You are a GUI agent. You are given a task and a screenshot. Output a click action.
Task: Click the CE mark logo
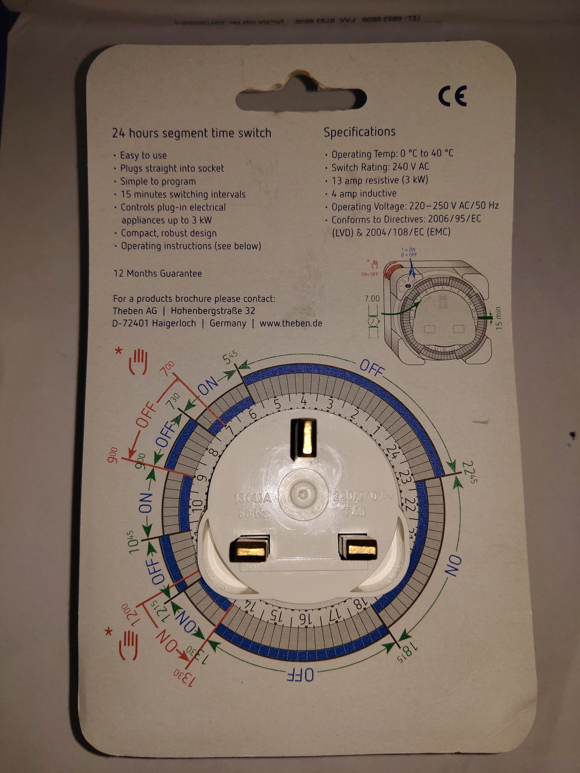point(452,96)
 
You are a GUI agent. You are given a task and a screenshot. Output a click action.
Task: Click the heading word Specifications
point(359,132)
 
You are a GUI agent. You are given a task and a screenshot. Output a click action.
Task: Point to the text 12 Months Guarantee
point(158,273)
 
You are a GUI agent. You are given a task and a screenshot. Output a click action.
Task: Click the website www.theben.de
point(291,323)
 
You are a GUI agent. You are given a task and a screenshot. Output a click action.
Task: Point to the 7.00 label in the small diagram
point(372,299)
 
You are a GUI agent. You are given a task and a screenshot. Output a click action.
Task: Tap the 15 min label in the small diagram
point(498,318)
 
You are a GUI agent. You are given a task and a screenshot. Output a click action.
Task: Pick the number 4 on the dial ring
point(303,402)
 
